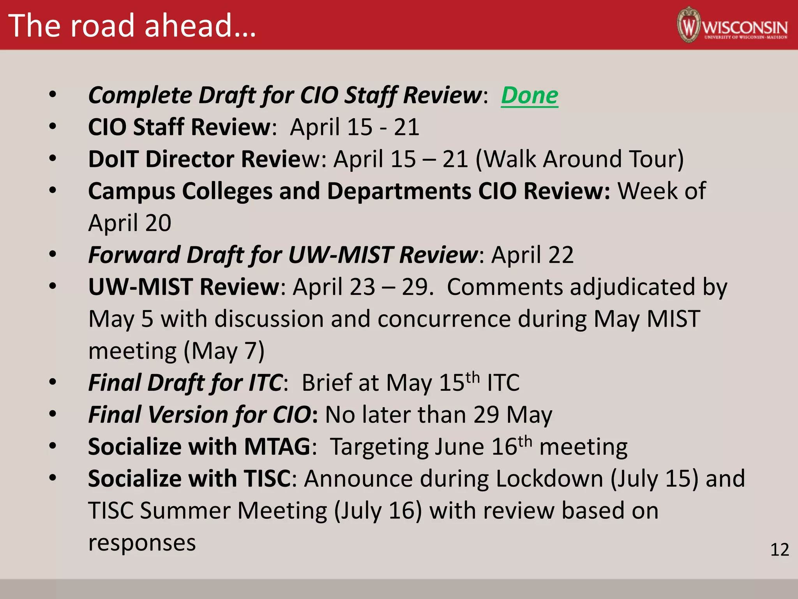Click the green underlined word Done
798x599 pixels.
529,96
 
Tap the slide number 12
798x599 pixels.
779,549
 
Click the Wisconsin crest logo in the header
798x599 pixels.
689,25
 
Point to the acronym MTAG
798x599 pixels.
277,447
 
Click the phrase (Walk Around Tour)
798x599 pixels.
579,159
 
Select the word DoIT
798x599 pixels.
113,159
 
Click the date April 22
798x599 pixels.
532,255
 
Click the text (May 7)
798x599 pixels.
224,351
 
